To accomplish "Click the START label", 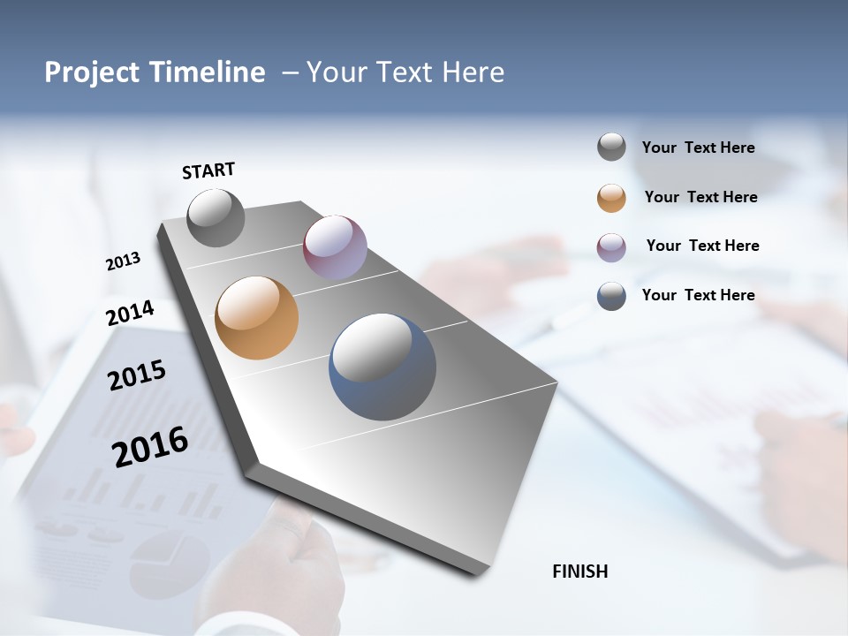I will coord(208,170).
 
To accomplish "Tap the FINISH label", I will coord(579,572).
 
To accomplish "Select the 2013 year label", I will coord(123,261).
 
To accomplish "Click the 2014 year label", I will coord(130,313).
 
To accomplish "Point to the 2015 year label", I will coord(137,375).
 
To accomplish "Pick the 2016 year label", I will coord(150,447).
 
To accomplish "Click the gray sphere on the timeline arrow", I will coord(216,217).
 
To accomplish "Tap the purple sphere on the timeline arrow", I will coord(335,247).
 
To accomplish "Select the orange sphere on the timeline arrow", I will coord(256,318).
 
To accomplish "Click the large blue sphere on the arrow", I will coord(382,367).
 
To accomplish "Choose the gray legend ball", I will coord(611,147).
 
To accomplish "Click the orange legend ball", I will coord(611,198).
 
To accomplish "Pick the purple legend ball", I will coord(611,247).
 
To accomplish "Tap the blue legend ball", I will coord(611,296).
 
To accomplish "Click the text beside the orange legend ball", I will coord(700,197).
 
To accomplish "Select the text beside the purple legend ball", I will coord(702,246).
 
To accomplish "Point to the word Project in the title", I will coord(93,72).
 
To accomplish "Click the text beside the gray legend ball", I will coord(698,148).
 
